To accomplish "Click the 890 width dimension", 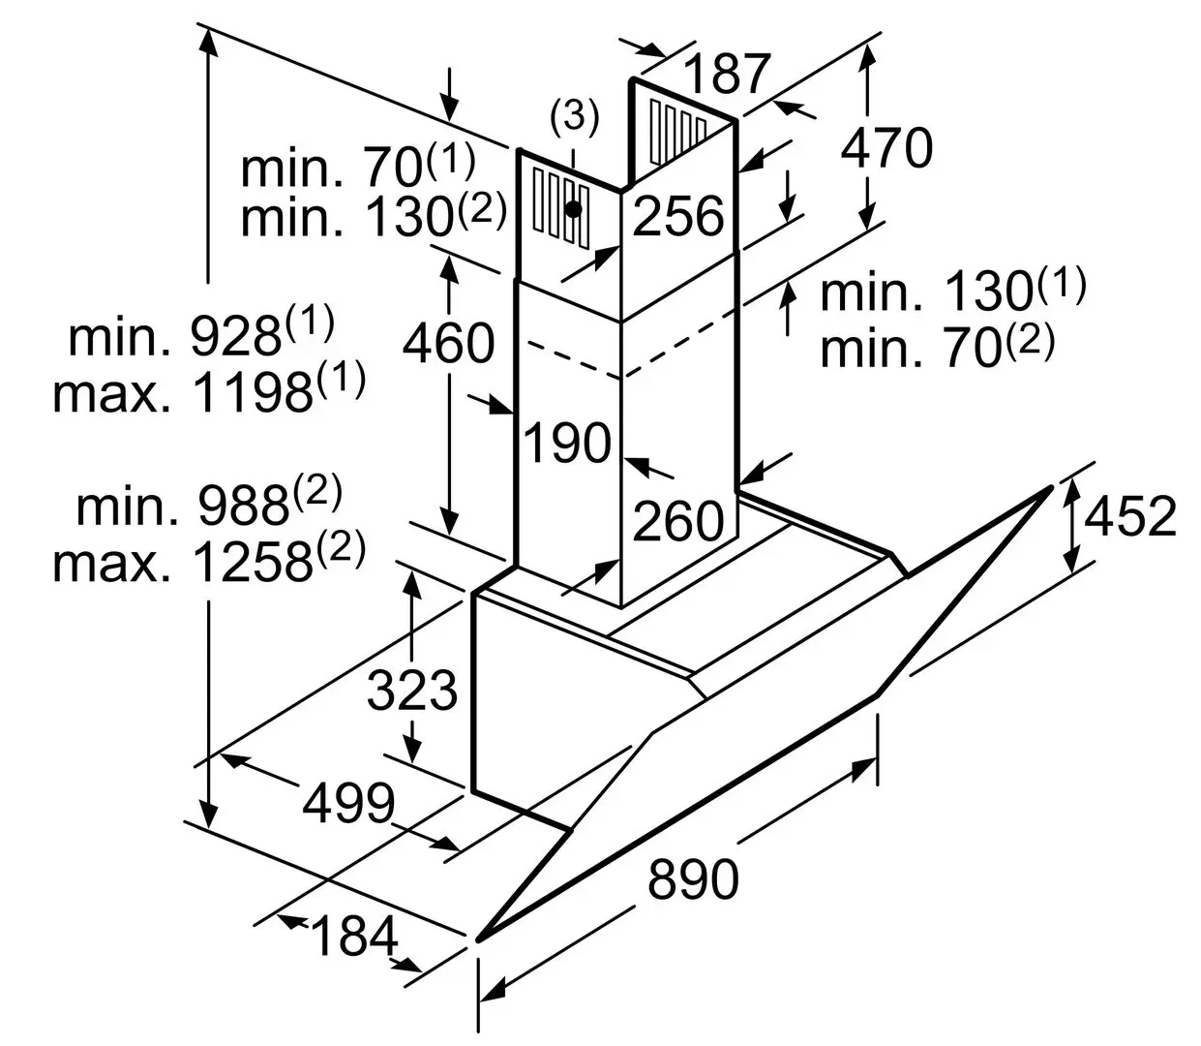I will click(x=693, y=879).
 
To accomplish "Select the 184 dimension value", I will click(x=355, y=936).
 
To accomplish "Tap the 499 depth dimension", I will click(x=348, y=802).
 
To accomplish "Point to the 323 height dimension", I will click(x=411, y=691).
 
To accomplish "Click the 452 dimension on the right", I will click(x=1129, y=516).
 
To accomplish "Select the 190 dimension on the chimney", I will click(x=567, y=443).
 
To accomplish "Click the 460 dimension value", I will click(x=448, y=342).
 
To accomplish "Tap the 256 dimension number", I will click(x=678, y=215).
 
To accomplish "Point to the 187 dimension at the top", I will click(x=728, y=74).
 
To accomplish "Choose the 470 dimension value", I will click(x=886, y=148).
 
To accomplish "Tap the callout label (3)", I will click(x=574, y=117).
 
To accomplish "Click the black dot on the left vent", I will click(x=574, y=208).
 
